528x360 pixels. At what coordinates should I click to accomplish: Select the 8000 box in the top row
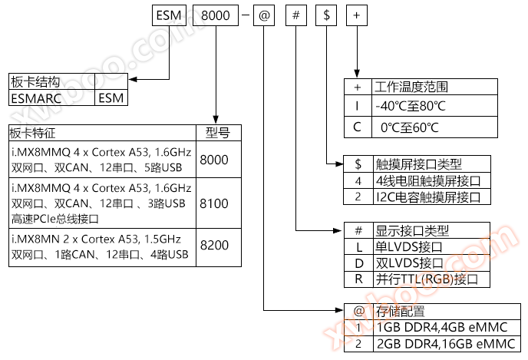tap(210, 15)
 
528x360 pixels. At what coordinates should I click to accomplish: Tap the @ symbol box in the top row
tap(263, 15)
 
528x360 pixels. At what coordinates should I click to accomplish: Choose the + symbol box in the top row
tap(356, 15)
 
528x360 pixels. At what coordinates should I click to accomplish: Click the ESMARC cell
tap(51, 97)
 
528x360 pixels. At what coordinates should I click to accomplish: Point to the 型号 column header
tap(218, 133)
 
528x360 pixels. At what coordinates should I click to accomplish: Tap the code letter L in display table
tap(358, 247)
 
